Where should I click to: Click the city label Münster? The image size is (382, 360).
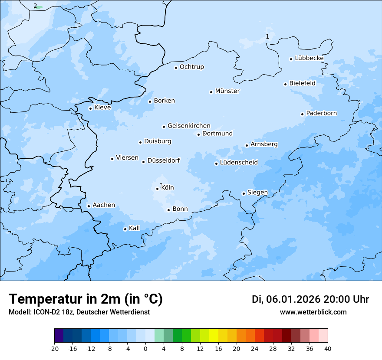click(x=227, y=91)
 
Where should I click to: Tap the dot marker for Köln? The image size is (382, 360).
click(x=158, y=189)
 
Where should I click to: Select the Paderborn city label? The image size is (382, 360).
click(x=321, y=113)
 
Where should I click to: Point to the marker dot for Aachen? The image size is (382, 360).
click(x=89, y=206)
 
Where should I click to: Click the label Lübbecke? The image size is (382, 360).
click(x=309, y=58)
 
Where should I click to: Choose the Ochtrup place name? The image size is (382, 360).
click(x=191, y=67)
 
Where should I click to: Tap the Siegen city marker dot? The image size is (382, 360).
click(x=244, y=193)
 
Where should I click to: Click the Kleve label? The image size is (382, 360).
click(x=102, y=108)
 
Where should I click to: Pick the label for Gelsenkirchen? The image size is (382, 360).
click(x=189, y=126)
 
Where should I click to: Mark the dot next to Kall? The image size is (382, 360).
click(x=125, y=229)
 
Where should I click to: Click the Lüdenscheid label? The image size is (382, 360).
click(x=239, y=163)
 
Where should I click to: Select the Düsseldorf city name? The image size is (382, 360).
click(x=164, y=160)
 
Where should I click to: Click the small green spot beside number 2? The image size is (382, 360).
click(x=40, y=7)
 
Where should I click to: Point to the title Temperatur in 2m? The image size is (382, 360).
click(x=86, y=299)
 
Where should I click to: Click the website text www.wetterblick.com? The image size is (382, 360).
click(x=313, y=312)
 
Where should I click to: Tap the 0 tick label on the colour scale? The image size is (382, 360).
click(x=145, y=348)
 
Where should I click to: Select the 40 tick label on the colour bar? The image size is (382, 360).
click(x=328, y=348)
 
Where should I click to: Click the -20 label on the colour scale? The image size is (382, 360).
click(x=54, y=348)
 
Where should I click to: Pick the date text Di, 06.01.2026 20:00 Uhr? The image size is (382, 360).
click(x=310, y=299)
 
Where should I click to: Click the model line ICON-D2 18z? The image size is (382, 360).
click(x=79, y=312)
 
